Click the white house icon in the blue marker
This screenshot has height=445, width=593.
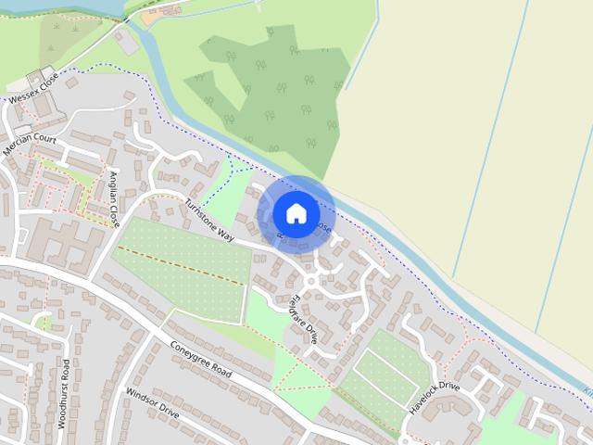pos(296,213)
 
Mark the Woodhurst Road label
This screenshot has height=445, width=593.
pos(65,397)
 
